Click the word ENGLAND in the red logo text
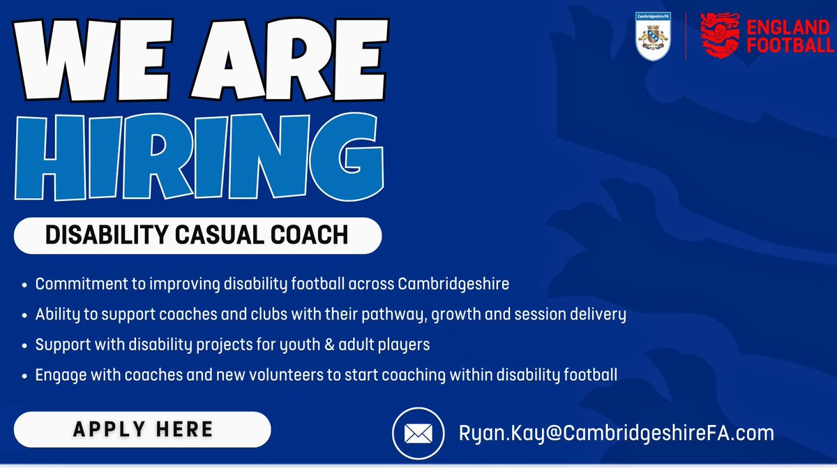(789, 27)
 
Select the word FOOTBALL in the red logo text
(789, 46)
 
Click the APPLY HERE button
(142, 429)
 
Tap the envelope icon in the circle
(418, 434)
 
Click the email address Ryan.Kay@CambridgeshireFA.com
(616, 433)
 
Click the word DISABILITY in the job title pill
(99, 235)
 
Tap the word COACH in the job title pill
(313, 235)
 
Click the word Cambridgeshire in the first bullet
(453, 285)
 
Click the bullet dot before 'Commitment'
(25, 285)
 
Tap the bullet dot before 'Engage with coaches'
(25, 375)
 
